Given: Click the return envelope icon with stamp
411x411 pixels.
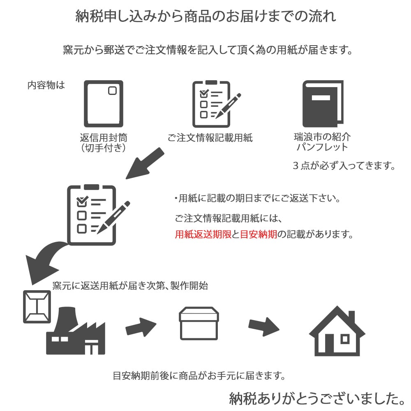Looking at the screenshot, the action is [x=103, y=104].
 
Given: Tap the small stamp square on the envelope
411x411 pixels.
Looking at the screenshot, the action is [x=113, y=91].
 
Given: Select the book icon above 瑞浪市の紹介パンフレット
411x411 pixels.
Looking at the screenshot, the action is [x=323, y=104].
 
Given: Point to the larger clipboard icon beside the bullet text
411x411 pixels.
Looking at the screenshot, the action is [x=97, y=215].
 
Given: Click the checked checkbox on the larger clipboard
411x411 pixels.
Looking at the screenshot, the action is [x=82, y=201].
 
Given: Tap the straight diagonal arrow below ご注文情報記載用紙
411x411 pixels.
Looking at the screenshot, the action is [x=144, y=164].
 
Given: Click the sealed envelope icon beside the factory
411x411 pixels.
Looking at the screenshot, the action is [x=37, y=307].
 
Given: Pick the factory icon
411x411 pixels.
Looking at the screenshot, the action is [x=76, y=331].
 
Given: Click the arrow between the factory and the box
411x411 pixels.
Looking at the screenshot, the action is [x=141, y=327].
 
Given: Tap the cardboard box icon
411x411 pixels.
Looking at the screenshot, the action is [x=199, y=323].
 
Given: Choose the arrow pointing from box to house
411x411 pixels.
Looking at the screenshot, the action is [x=264, y=327].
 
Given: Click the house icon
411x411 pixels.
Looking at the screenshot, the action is [x=337, y=331].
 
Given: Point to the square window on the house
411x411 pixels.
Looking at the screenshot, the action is [x=345, y=339].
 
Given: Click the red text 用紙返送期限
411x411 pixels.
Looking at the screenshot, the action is [x=203, y=234].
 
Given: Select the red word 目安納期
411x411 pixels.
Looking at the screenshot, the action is [x=259, y=234].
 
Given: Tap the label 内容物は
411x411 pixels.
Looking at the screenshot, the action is [x=46, y=85].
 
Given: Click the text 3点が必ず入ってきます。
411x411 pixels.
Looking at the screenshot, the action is [x=344, y=166].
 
